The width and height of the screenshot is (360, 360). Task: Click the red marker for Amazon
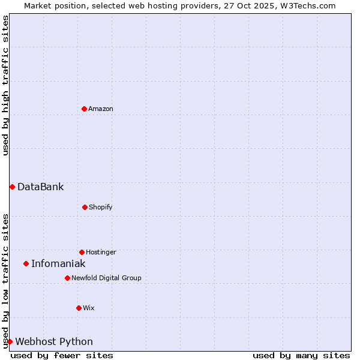[x=84, y=109]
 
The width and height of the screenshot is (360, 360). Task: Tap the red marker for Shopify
[x=85, y=207]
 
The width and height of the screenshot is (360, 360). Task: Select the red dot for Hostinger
[x=82, y=252]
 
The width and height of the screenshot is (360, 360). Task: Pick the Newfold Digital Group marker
[x=67, y=278]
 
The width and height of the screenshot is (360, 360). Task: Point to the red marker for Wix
[x=79, y=308]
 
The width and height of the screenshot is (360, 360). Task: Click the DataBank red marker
[x=12, y=187]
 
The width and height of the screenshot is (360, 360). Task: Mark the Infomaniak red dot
[x=26, y=263]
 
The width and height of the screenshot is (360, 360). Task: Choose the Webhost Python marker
[x=10, y=341]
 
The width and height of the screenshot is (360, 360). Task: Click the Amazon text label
[x=101, y=109]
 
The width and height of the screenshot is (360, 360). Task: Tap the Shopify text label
[x=101, y=207]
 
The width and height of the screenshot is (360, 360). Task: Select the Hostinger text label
[x=101, y=252]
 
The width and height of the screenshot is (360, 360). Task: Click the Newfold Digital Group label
[x=106, y=278]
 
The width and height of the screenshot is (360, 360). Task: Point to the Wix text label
[x=89, y=308]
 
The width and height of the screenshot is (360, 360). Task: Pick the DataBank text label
[x=40, y=187]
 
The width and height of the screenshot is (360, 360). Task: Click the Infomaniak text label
[x=58, y=263]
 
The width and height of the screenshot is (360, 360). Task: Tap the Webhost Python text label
[x=54, y=341]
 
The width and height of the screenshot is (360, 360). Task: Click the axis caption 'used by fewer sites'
[x=62, y=355]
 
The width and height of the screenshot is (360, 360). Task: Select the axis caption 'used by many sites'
[x=301, y=355]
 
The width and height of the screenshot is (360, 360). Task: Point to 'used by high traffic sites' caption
[x=5, y=85]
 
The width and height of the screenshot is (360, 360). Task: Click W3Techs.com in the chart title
[x=307, y=5]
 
